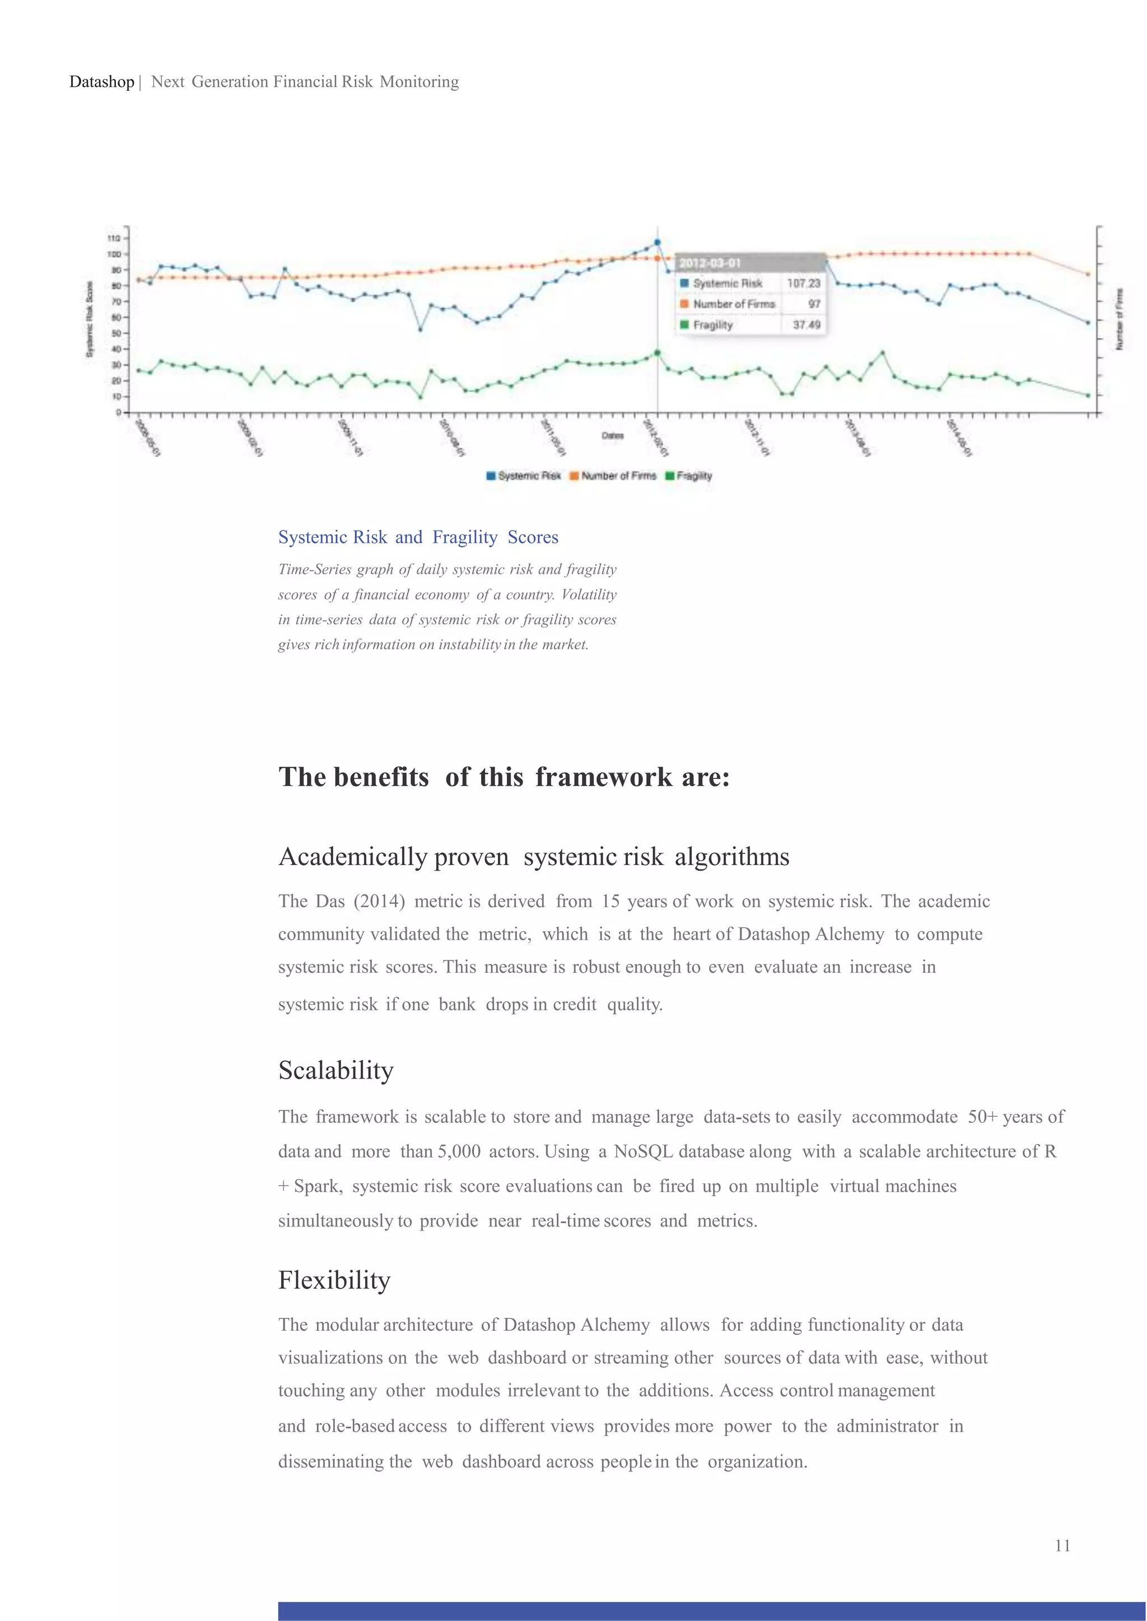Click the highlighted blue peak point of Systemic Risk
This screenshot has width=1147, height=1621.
pyautogui.click(x=658, y=243)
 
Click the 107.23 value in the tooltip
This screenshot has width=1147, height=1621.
pyautogui.click(x=803, y=284)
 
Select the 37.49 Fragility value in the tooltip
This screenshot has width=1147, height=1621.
pyautogui.click(x=806, y=325)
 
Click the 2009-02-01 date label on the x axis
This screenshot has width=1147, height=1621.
pyautogui.click(x=250, y=438)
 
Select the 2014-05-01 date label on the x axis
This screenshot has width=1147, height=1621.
pyautogui.click(x=959, y=438)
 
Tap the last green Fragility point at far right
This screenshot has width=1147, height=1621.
pyautogui.click(x=1088, y=395)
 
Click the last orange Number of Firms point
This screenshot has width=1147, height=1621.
pyautogui.click(x=1088, y=274)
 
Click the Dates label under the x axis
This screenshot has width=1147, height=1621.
pyautogui.click(x=612, y=436)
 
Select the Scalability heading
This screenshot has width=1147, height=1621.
pyautogui.click(x=335, y=1071)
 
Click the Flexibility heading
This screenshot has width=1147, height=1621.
pyautogui.click(x=334, y=1280)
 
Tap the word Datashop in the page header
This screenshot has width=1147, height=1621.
pyautogui.click(x=102, y=82)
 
